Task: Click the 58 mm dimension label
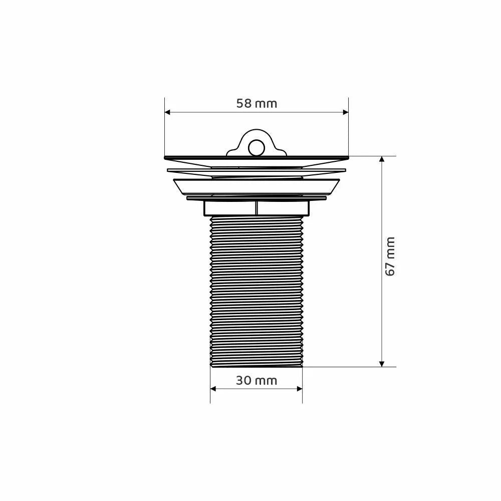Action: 257,104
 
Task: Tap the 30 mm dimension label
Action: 257,381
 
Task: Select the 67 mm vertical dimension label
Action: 390,257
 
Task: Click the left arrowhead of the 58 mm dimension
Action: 167,112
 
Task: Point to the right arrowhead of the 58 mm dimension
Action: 345,112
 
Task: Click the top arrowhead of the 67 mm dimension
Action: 381,159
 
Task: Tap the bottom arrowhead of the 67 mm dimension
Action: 381,364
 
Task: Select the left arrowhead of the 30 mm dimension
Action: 213,389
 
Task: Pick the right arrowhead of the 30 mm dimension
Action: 300,389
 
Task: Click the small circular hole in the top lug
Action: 256,147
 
